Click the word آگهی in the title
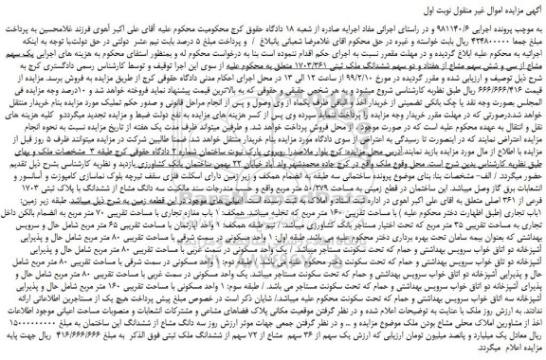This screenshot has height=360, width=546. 532,9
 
